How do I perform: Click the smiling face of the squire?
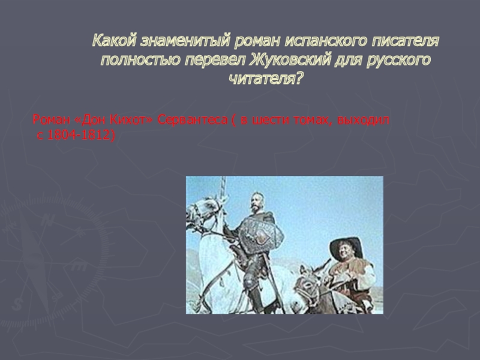pyautogui.click(x=343, y=253)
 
